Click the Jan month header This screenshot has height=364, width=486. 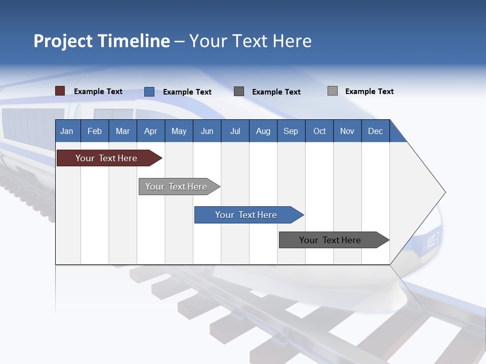67,131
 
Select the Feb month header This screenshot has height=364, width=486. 95,131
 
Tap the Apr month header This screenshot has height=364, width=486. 150,131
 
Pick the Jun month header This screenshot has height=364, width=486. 207,131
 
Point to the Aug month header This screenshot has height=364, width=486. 263,131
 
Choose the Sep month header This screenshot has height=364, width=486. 291,131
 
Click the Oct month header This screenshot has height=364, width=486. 319,131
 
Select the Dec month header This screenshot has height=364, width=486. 375,131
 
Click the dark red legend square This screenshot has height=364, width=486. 60,91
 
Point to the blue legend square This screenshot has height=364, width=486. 149,92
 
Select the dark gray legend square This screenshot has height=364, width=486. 239,92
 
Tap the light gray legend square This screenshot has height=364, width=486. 333,91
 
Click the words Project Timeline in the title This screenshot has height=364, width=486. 102,41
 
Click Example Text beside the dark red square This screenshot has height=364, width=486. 98,92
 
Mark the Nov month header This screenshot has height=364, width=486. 347,131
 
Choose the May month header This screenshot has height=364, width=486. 179,131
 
